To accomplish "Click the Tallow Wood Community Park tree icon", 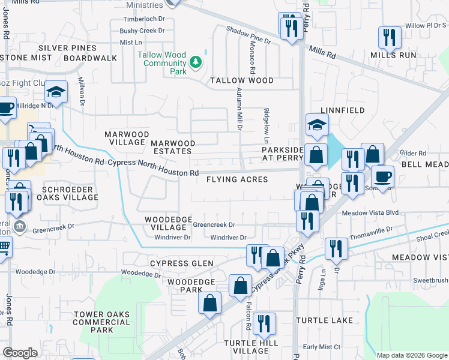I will point(195,61).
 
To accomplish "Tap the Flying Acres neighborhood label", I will point(237,179).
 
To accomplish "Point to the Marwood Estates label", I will point(173,147).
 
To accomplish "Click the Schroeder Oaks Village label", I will point(66,193).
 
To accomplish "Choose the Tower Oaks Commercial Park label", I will point(102,322).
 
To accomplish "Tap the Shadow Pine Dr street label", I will point(249,35).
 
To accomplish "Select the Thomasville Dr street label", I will point(370,230).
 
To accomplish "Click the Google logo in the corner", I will point(20,353).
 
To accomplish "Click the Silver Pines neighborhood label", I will point(67,48).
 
